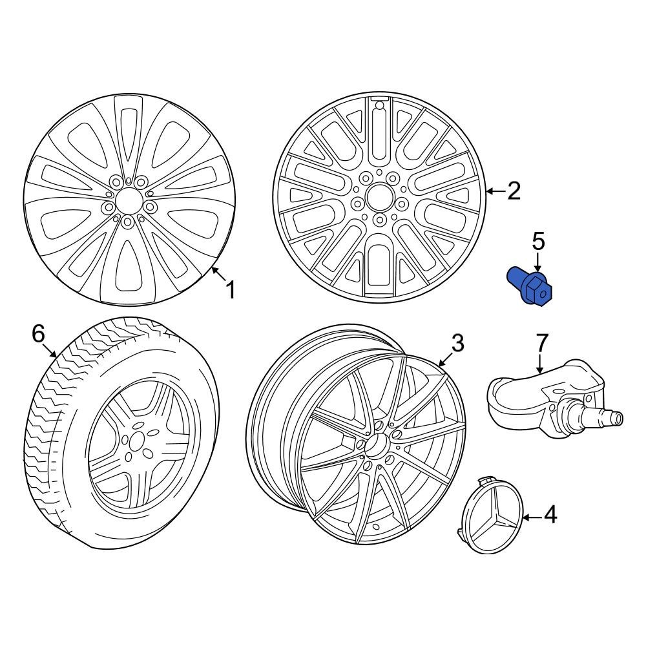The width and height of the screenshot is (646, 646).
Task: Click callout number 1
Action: [229, 290]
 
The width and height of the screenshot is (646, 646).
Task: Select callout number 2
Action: [514, 191]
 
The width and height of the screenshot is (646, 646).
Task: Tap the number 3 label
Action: [457, 344]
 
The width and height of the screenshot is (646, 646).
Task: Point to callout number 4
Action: [550, 515]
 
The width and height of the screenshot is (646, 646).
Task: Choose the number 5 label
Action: [539, 242]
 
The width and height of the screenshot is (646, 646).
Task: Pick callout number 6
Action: [38, 334]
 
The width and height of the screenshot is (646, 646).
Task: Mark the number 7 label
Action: [541, 342]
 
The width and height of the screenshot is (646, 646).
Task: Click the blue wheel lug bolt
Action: [528, 287]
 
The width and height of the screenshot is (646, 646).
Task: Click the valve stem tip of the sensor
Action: [619, 418]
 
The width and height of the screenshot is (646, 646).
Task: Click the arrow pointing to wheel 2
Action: [494, 191]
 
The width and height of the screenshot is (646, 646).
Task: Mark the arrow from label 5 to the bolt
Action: [538, 263]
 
